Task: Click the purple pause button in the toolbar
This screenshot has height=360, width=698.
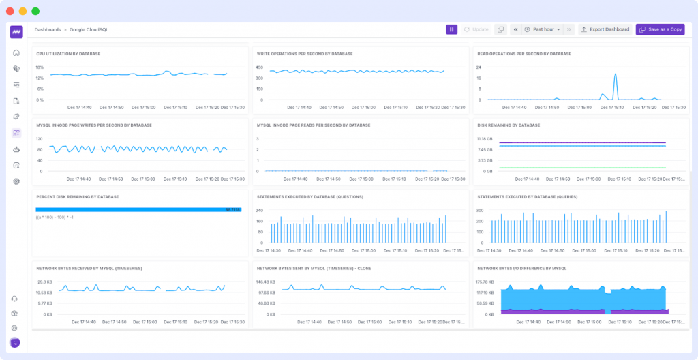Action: pos(451,29)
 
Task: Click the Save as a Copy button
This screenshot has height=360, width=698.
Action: pos(660,29)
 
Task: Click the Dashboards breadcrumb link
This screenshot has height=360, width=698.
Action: pos(47,30)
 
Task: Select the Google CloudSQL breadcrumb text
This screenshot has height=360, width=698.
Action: pos(89,30)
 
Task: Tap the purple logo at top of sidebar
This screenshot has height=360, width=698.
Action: pos(16,31)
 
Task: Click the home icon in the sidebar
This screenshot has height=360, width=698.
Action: pos(16,53)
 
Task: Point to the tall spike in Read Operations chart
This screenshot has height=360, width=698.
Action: pos(615,76)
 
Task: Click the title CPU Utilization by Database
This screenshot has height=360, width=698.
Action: pos(68,53)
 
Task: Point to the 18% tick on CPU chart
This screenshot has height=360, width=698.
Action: pos(40,67)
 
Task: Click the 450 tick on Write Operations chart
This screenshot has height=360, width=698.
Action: pos(260,67)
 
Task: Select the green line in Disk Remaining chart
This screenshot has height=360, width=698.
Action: pos(582,168)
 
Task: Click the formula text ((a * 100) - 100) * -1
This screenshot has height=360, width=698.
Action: pos(56,217)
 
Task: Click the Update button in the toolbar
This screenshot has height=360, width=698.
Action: pos(476,29)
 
